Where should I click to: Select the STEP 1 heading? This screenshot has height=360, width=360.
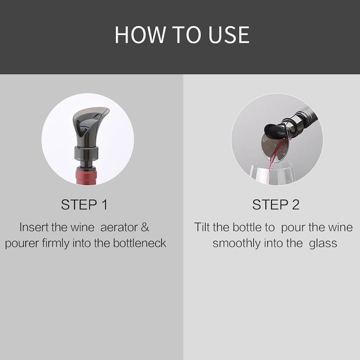point(84,205)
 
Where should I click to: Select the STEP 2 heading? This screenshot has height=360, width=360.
point(276,205)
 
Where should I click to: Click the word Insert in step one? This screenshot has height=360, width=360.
point(34,227)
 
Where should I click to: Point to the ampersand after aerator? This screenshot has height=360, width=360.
point(145,227)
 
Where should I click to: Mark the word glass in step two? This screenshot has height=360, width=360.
point(323,243)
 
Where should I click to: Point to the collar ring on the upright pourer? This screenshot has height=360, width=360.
point(86,154)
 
